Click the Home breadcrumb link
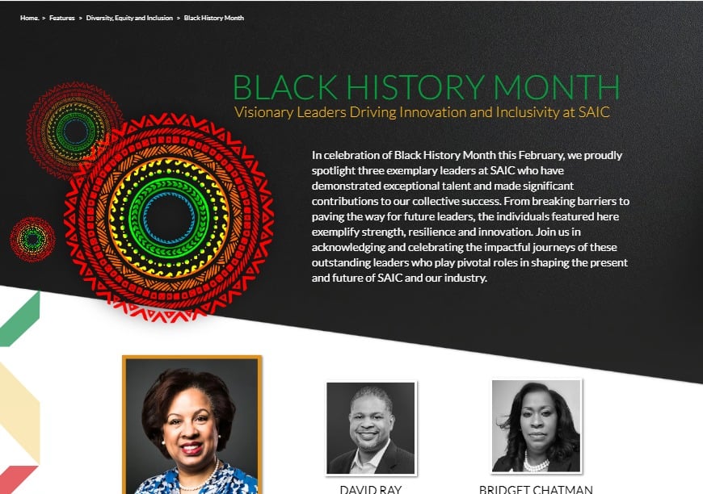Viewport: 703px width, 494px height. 30,18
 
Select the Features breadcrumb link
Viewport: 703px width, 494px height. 61,18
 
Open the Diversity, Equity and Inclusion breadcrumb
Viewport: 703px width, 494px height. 129,18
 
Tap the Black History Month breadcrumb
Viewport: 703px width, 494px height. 214,18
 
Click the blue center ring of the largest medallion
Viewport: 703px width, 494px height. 168,218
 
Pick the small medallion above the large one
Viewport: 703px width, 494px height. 75,130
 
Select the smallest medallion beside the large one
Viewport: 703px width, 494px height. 32,239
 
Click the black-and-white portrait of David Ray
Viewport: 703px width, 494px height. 371,428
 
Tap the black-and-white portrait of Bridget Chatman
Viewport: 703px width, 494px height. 537,425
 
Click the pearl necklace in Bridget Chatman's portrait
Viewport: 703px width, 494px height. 536,463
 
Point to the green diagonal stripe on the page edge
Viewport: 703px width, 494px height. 19,318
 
